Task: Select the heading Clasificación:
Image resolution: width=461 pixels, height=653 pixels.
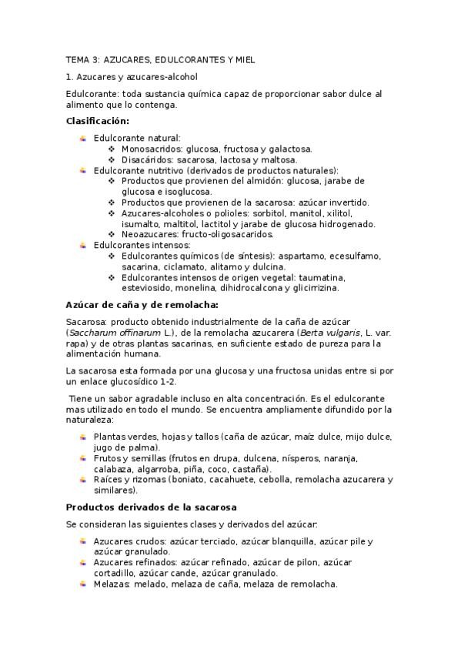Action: [98, 121]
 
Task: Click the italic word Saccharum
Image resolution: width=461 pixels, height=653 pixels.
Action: [92, 331]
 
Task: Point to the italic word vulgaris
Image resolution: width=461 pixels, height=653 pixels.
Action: [322, 331]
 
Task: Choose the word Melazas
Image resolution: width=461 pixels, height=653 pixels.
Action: [112, 584]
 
